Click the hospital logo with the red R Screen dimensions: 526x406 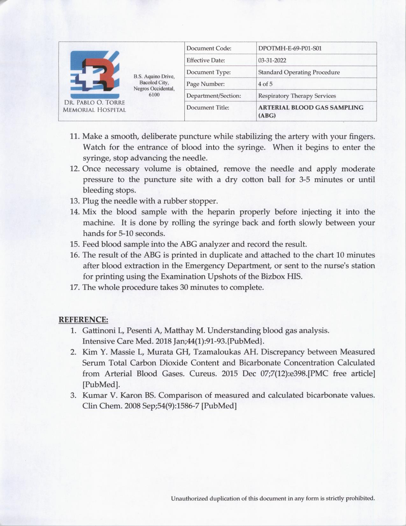95,74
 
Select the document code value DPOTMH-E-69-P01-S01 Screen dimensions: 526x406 290,48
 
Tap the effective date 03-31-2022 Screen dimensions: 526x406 272,60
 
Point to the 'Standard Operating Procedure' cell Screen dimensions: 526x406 299,72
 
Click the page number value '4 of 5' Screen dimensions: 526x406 265,84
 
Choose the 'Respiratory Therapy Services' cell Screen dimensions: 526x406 297,96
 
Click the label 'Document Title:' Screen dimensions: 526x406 208,108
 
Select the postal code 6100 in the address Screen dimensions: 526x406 154,95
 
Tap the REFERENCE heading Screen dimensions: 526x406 83,320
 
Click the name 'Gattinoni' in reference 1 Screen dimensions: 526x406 98,331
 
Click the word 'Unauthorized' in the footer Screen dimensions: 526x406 189,498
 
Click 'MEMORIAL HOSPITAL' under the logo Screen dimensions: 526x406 94,110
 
